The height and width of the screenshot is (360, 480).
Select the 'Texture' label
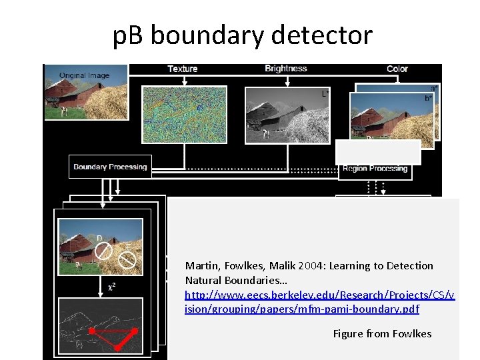[182, 69]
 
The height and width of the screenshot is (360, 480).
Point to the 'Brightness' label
[285, 69]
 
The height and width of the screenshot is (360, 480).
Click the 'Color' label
[397, 69]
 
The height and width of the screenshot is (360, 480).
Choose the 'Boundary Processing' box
[110, 167]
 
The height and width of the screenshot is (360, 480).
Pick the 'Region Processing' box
[375, 169]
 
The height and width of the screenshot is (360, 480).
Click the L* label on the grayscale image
[325, 94]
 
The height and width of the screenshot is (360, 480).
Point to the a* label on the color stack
[433, 88]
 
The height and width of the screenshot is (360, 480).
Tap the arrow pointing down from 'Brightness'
[287, 82]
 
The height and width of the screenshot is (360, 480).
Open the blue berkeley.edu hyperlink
[320, 302]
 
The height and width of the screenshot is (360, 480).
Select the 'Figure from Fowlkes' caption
[382, 333]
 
